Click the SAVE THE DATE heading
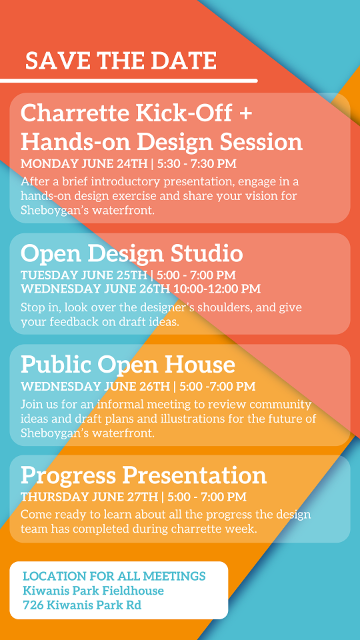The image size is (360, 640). click(121, 61)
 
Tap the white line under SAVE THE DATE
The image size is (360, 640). click(129, 81)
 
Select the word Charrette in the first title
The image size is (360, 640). click(75, 113)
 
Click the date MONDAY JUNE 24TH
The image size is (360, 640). click(84, 164)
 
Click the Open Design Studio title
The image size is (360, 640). click(132, 254)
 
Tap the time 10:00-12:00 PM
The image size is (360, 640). click(217, 289)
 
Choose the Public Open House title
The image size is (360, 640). click(128, 365)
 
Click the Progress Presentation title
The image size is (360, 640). click(144, 475)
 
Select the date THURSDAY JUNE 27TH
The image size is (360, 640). click(89, 497)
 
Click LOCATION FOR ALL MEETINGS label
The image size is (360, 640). click(114, 576)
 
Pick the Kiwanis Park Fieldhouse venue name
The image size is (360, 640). click(93, 591)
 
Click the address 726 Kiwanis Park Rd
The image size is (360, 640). click(83, 605)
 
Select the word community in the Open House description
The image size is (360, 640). click(281, 405)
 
